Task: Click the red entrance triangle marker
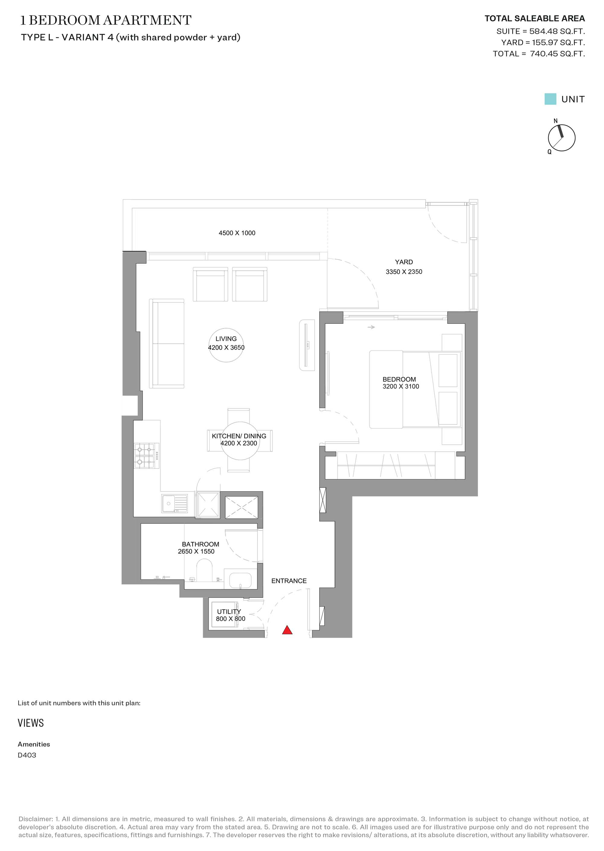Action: [287, 630]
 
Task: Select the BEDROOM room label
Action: [399, 379]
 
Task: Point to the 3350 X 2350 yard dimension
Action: [404, 272]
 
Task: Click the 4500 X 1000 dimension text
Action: [237, 233]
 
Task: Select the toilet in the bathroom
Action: [204, 571]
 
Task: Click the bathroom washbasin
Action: [240, 581]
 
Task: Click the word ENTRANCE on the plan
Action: [289, 581]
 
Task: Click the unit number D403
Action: [27, 755]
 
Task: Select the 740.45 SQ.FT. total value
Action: [557, 53]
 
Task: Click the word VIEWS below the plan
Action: [31, 723]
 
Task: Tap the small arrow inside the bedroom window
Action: [371, 327]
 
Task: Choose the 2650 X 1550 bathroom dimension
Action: [196, 552]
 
